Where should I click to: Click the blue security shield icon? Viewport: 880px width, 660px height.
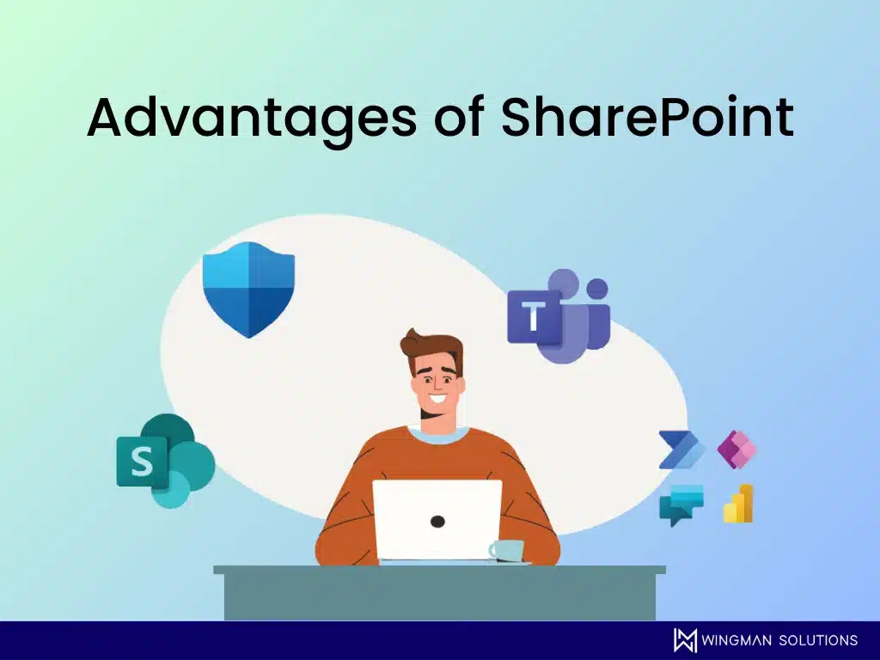248,290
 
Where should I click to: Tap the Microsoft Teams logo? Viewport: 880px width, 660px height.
559,316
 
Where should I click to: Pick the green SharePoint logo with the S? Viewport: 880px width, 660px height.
166,461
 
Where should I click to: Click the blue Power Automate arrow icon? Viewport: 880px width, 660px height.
681,449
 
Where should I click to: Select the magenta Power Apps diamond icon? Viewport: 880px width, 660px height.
736,449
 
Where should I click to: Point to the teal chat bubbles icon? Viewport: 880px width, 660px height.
681,504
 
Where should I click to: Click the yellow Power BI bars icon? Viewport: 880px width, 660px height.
738,504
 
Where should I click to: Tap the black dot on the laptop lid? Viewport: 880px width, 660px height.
437,522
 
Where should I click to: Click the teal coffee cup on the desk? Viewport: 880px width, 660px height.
507,551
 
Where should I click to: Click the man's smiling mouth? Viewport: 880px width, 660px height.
439,400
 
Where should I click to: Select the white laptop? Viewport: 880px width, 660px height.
437,520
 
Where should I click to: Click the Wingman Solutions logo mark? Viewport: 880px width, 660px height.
685,640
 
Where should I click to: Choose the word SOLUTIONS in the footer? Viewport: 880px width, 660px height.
818,640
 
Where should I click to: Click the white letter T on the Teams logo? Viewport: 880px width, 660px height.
534,316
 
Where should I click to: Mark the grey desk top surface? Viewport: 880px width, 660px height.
439,570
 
